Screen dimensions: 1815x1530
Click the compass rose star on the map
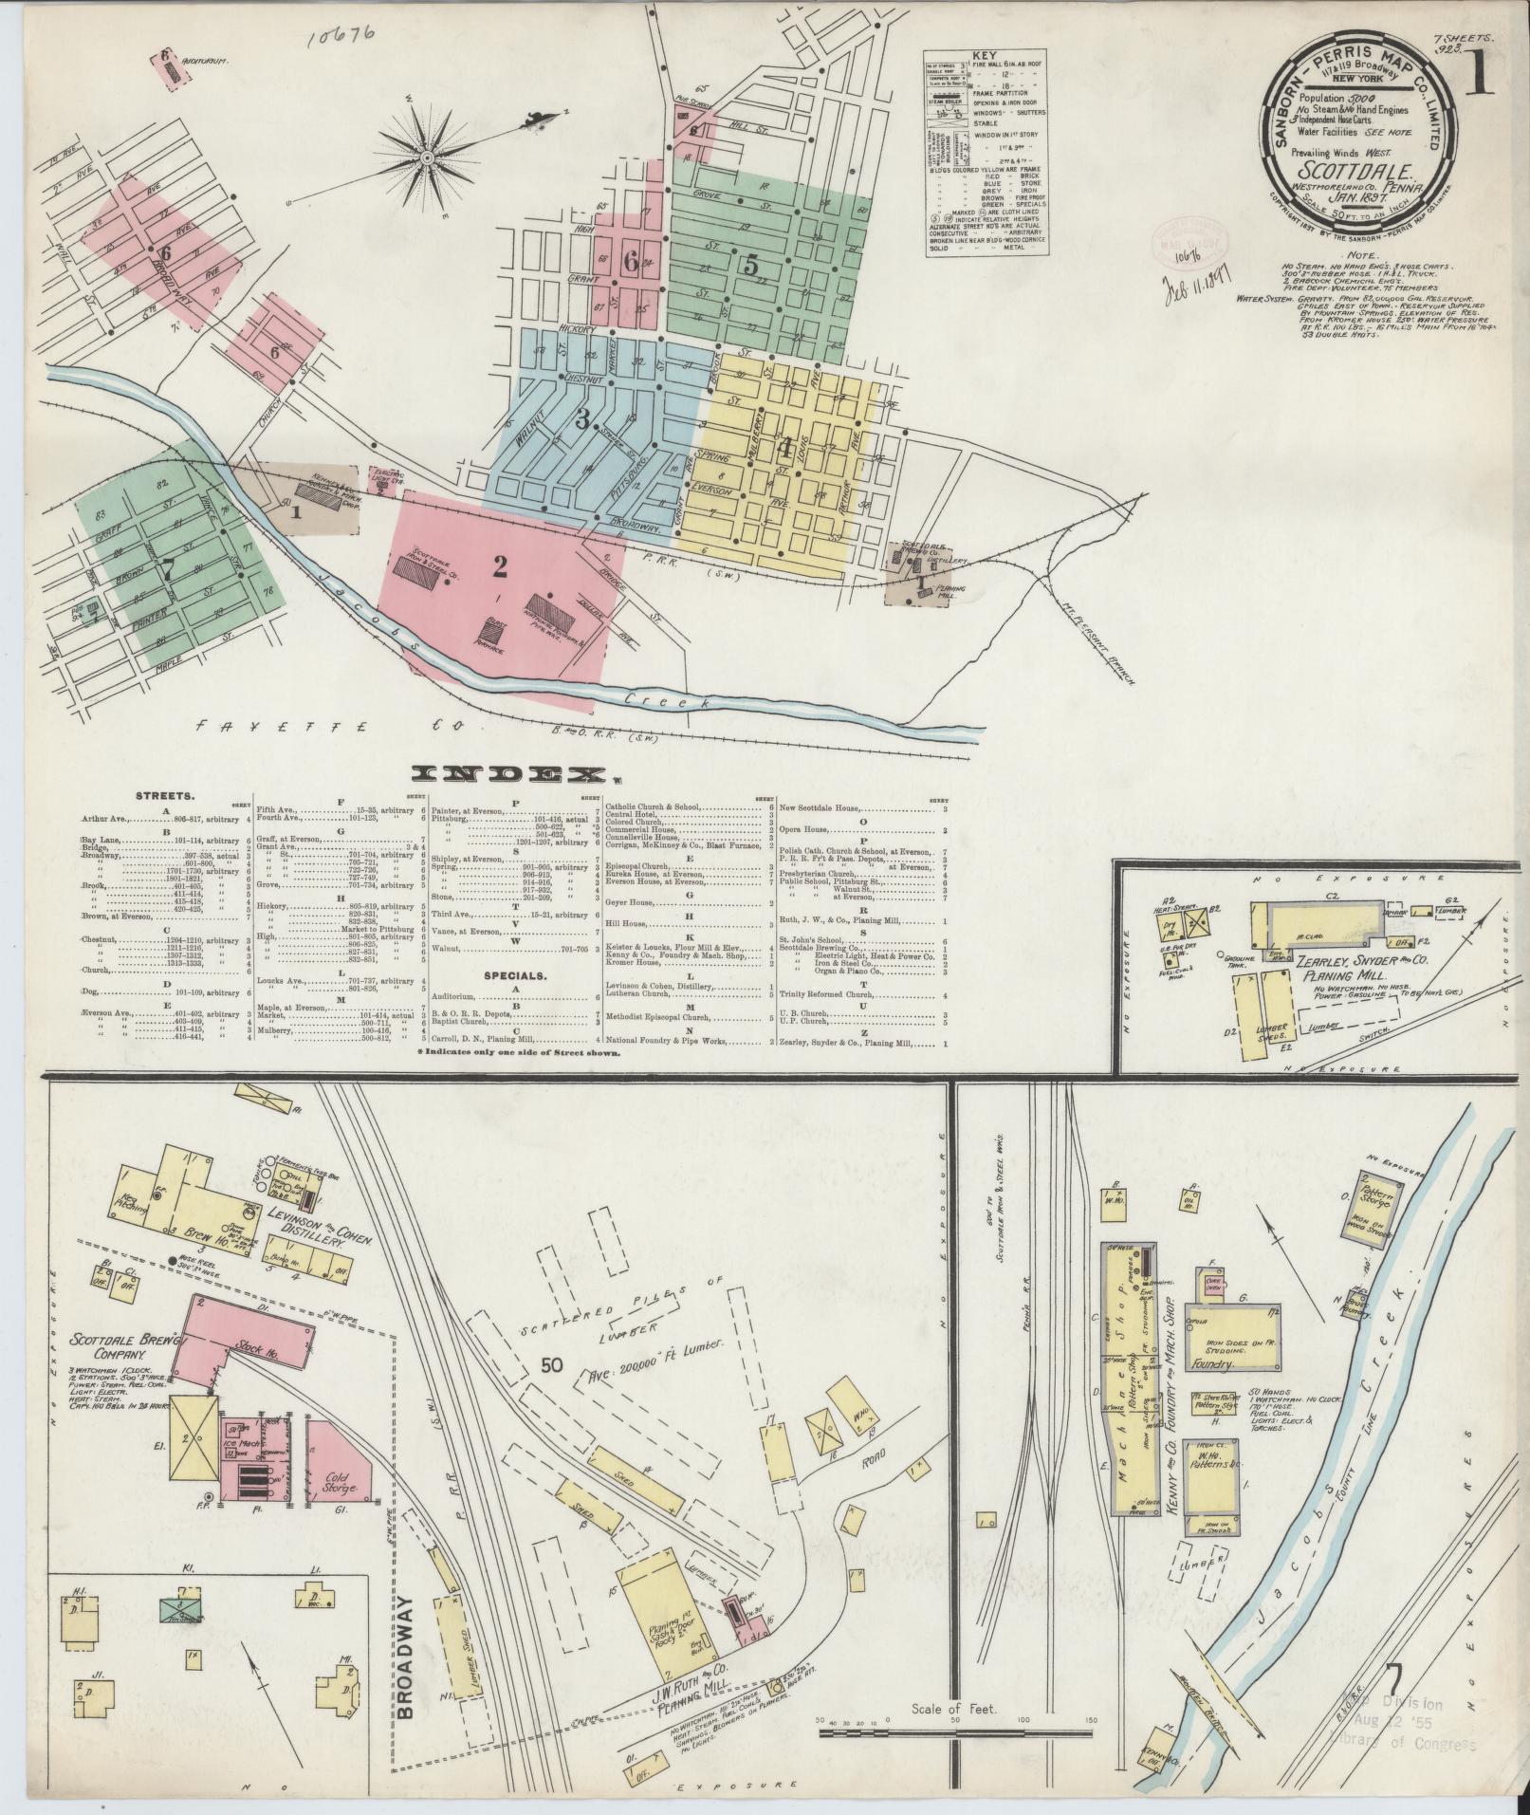coord(427,156)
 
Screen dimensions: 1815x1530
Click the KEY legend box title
coord(986,57)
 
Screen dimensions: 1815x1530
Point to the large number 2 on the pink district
coord(500,566)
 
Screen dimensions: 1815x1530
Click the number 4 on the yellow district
coord(783,444)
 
